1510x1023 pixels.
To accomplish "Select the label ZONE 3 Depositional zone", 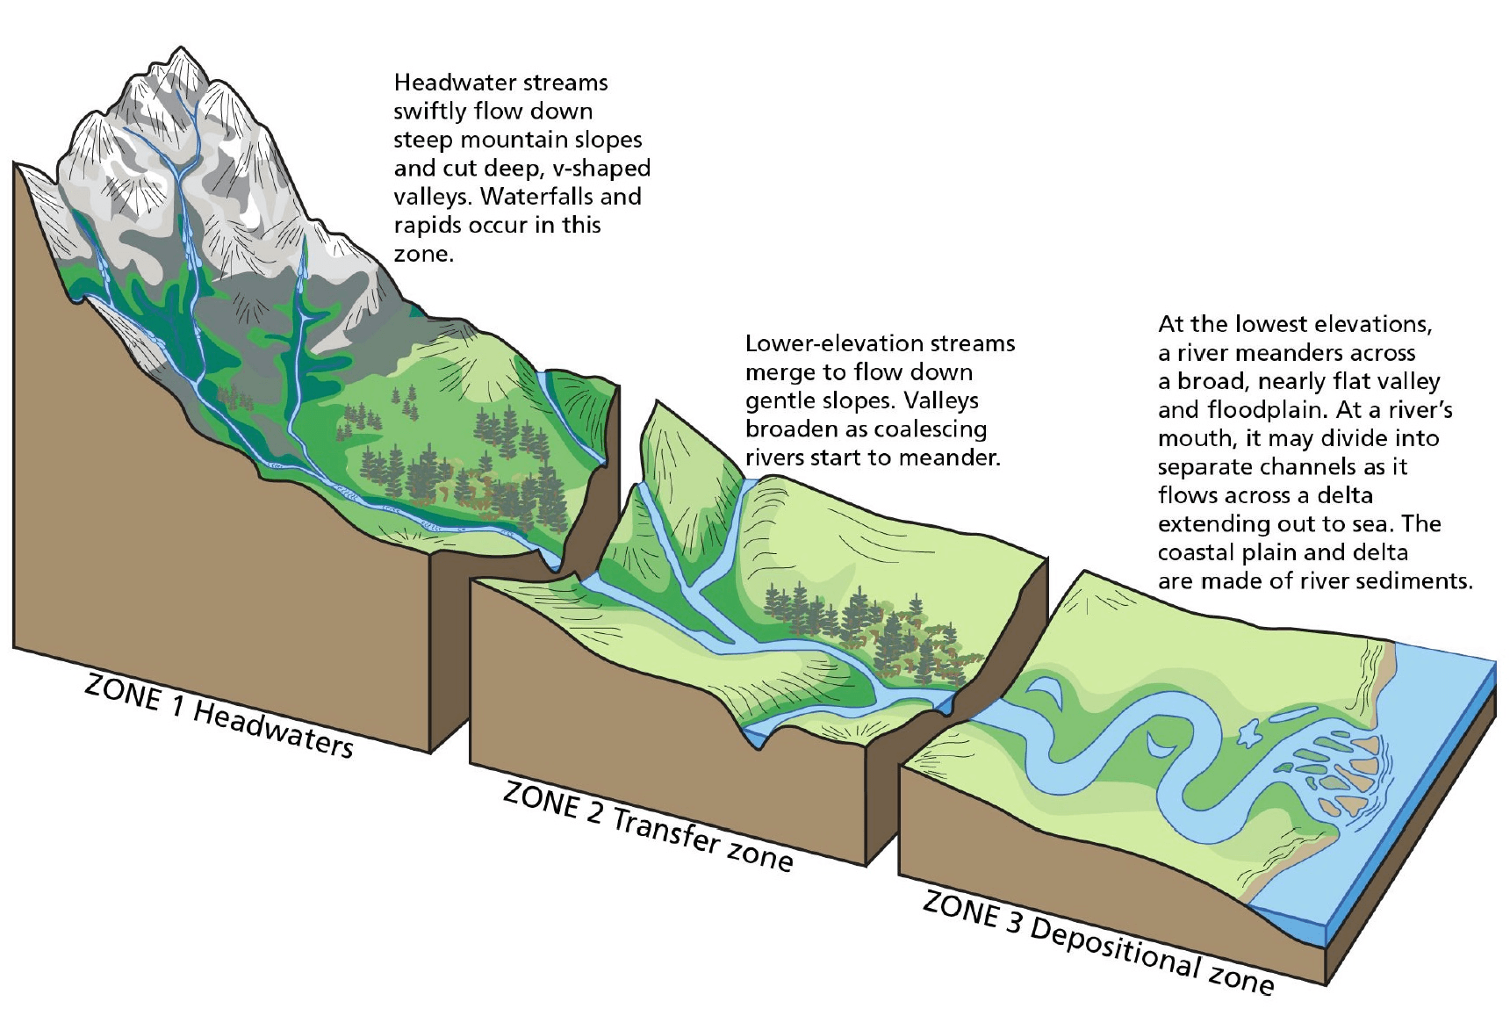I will (1097, 941).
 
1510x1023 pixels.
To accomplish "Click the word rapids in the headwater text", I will (422, 225).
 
